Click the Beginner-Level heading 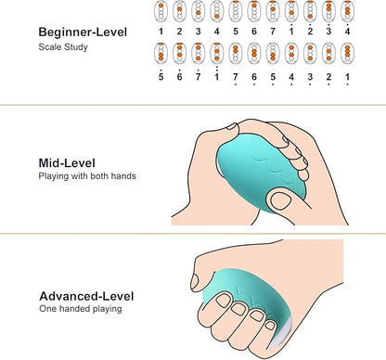[x=83, y=32]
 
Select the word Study [x=76, y=47]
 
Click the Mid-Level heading [x=67, y=163]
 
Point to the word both [x=99, y=176]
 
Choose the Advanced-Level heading [x=86, y=296]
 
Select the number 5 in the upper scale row [x=236, y=32]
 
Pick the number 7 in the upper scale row [x=273, y=32]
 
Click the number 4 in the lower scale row [x=291, y=77]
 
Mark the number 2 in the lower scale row [x=328, y=77]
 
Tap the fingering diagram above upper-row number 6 [x=254, y=11]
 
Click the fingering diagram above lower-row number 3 [x=310, y=53]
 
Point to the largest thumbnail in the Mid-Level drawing [x=280, y=201]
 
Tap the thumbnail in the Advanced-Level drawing [x=195, y=281]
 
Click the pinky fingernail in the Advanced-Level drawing [x=270, y=325]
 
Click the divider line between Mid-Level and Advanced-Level [x=193, y=234]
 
